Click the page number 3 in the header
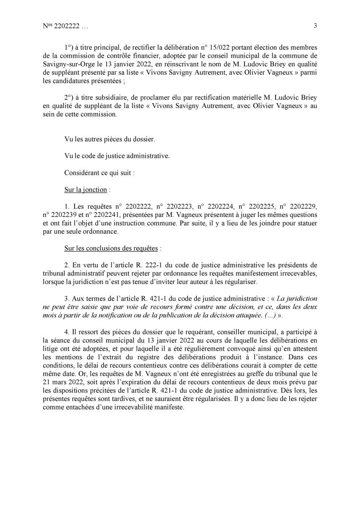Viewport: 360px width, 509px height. [315, 26]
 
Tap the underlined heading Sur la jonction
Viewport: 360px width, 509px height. [86, 189]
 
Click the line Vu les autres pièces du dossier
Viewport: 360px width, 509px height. [110, 139]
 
